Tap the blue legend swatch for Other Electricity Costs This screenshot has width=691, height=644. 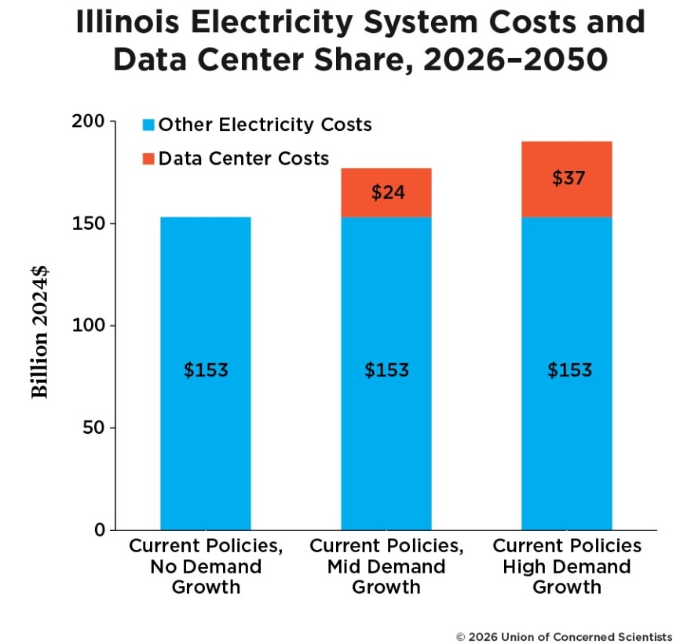(148, 125)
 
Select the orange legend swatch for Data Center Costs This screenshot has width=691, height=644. (148, 158)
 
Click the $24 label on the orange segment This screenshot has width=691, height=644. (387, 192)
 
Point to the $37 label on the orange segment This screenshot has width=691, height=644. (568, 178)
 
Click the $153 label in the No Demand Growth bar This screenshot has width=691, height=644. (206, 370)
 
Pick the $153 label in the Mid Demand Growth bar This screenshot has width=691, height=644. (386, 370)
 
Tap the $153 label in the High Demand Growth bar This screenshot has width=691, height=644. (569, 370)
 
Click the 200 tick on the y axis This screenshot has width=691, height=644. (90, 122)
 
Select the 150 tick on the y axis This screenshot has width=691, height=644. (90, 224)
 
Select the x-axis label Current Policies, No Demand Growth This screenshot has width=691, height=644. (206, 566)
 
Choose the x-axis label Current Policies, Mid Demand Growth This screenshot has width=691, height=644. (386, 566)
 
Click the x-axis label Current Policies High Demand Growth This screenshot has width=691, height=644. (567, 566)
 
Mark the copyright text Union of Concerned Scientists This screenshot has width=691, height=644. (564, 635)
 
